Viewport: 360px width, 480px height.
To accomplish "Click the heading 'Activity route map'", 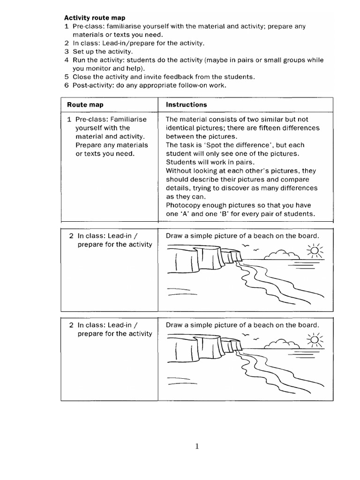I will (95, 18).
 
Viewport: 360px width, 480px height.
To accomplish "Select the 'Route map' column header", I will (85, 105).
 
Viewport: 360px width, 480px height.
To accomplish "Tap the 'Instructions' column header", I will (186, 105).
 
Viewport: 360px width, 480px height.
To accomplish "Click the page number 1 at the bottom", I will (197, 446).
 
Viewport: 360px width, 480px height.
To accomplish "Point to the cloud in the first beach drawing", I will (280, 255).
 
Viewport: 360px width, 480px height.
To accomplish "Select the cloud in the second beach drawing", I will (280, 344).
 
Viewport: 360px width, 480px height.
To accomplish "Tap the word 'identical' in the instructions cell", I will (180, 128).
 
